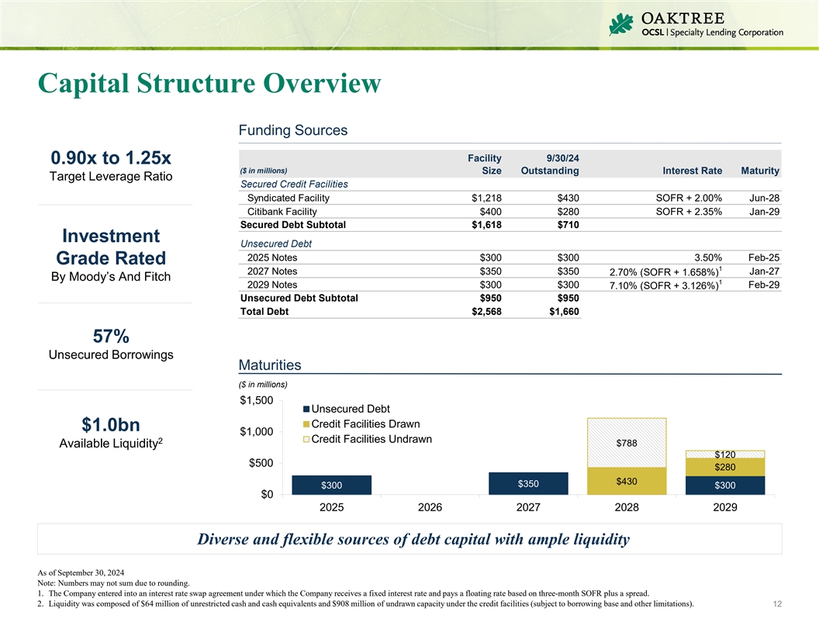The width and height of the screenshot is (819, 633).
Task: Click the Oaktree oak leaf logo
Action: click(x=622, y=25)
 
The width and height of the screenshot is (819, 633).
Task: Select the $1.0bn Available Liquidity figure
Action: click(x=111, y=425)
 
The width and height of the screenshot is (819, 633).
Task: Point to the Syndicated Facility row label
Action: click(x=288, y=198)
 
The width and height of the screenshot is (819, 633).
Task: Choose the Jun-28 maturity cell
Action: click(x=764, y=198)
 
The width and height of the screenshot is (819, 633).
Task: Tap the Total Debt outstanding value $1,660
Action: click(x=561, y=311)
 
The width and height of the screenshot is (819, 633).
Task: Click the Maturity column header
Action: click(x=760, y=171)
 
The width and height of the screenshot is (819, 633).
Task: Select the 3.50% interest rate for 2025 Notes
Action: click(x=707, y=258)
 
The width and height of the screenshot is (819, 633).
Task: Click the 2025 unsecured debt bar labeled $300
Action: click(x=332, y=485)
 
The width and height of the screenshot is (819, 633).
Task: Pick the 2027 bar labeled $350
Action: click(x=528, y=483)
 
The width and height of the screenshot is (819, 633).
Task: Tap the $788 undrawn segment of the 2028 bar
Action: click(x=627, y=443)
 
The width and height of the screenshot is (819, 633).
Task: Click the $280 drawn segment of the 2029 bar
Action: click(x=725, y=466)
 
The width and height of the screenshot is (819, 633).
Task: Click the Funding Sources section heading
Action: click(x=292, y=130)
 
